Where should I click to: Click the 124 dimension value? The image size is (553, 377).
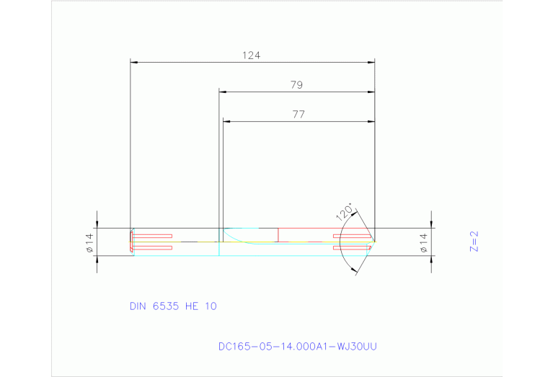tap(252, 55)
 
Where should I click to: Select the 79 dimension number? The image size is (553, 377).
tap(296, 84)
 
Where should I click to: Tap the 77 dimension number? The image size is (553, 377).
tap(298, 114)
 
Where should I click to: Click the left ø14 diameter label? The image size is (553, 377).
tap(90, 243)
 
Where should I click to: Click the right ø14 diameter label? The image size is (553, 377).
tap(423, 242)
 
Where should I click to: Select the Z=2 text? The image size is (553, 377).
tap(474, 241)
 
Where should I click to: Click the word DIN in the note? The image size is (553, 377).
tap(138, 306)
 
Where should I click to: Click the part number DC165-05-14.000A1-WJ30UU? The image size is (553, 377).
tap(297, 346)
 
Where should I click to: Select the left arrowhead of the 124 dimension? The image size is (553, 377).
tap(133, 62)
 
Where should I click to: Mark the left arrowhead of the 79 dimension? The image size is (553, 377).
tap(223, 92)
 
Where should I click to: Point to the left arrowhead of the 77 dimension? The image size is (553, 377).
tap(226, 121)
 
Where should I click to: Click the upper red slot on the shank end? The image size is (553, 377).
tap(152, 236)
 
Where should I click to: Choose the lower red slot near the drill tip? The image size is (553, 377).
tap(351, 248)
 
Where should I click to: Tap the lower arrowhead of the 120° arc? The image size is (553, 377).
tap(354, 270)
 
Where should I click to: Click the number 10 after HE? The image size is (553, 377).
tap(211, 306)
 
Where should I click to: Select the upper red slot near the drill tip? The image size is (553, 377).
tap(351, 236)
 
